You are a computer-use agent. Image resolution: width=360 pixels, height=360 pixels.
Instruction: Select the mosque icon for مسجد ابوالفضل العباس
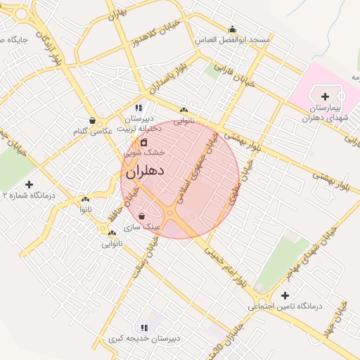233,29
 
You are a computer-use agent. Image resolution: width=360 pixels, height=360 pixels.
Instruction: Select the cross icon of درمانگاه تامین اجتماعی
284,295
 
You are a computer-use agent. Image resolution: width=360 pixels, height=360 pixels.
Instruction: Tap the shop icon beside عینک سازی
143,216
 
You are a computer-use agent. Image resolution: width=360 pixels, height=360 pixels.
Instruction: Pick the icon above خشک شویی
143,142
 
